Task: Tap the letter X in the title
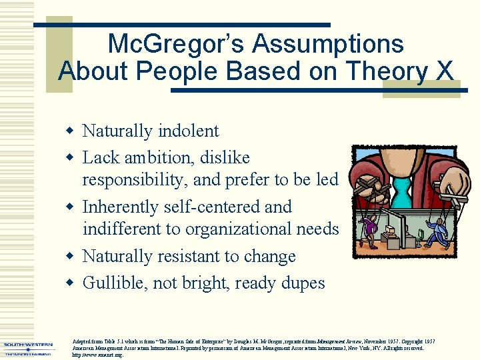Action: [x=441, y=71]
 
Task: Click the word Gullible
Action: [x=113, y=283]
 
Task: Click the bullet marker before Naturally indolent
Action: [x=71, y=131]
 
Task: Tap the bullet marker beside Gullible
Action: [x=71, y=283]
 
